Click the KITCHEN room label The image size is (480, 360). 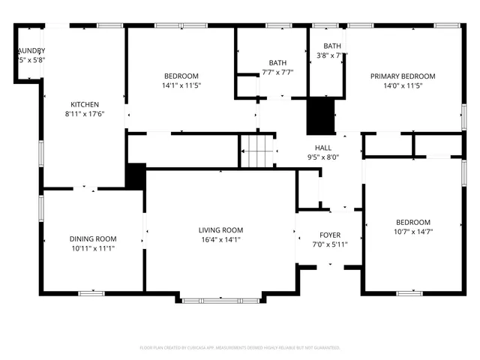pyautogui.click(x=85, y=104)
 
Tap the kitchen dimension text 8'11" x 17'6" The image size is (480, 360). pyautogui.click(x=85, y=114)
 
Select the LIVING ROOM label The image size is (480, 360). pyautogui.click(x=220, y=230)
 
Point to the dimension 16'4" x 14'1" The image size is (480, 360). pyautogui.click(x=220, y=240)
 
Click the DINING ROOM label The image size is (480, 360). pyautogui.click(x=92, y=238)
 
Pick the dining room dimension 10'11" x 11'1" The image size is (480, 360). pyautogui.click(x=92, y=248)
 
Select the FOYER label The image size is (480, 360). pyautogui.click(x=330, y=235)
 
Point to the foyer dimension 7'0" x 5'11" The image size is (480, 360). pyautogui.click(x=330, y=244)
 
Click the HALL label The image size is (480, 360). pyautogui.click(x=323, y=148)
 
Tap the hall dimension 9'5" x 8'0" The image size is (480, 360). pyautogui.click(x=323, y=157)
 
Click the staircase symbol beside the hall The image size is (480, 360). pyautogui.click(x=257, y=152)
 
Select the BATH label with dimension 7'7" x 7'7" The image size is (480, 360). pyautogui.click(x=277, y=62)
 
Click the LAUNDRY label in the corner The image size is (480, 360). pyautogui.click(x=31, y=50)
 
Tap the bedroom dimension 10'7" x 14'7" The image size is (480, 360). pyautogui.click(x=413, y=232)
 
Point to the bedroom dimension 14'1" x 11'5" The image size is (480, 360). pyautogui.click(x=181, y=85)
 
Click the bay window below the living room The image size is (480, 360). pyautogui.click(x=221, y=300)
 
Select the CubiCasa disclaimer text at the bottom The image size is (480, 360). pyautogui.click(x=240, y=348)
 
